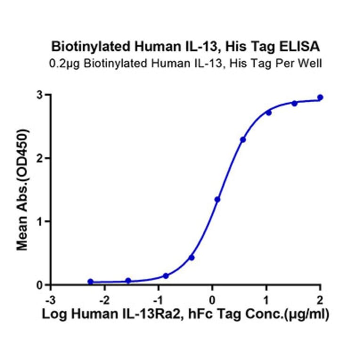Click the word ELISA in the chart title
[302, 47]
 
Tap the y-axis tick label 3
[41, 95]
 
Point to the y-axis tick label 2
[41, 158]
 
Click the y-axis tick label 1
[41, 221]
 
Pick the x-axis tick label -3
[49, 300]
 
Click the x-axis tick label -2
[104, 300]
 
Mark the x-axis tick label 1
[266, 300]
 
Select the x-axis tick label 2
[320, 300]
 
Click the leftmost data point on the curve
[90, 281]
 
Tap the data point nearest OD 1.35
[217, 199]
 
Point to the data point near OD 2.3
[243, 139]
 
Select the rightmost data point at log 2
[320, 97]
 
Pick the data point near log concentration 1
[269, 113]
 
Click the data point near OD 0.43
[191, 257]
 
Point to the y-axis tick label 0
[41, 285]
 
